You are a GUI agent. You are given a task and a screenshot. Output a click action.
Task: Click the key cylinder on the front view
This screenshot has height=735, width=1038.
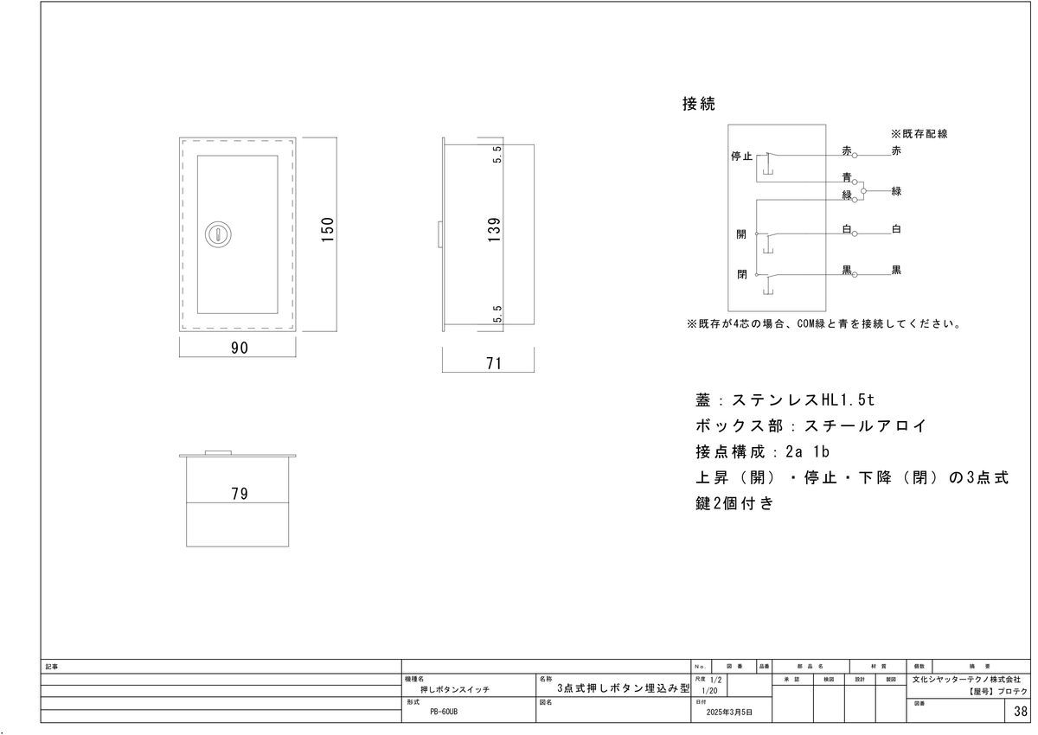218,233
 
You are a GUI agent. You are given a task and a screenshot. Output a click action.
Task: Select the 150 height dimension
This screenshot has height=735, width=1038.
327,229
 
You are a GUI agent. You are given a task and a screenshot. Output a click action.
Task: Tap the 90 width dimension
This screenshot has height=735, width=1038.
240,348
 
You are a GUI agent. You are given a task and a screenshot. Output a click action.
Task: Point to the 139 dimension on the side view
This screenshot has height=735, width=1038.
495,229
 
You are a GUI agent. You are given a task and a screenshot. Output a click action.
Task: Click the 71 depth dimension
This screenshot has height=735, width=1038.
494,363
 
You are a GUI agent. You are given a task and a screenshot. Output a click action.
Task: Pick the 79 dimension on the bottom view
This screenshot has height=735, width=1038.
240,494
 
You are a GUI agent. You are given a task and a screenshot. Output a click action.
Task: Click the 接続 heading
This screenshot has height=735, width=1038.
699,104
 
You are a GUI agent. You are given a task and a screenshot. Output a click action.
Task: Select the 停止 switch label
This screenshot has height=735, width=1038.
741,156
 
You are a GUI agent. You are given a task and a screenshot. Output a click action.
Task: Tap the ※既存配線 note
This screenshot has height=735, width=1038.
919,134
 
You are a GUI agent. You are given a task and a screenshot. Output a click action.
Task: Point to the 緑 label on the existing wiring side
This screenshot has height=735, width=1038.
896,191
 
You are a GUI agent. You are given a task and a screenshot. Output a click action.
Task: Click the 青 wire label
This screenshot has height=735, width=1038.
847,177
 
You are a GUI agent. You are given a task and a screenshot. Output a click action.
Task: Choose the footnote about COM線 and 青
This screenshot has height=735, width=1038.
824,323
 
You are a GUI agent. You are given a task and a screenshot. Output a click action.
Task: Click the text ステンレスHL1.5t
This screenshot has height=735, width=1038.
803,399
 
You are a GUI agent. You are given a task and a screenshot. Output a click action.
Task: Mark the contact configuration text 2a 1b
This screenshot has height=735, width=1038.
807,451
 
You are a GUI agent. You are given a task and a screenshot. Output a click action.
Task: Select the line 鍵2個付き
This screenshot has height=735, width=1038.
734,503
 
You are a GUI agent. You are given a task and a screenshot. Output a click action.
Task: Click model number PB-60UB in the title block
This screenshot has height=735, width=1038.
444,712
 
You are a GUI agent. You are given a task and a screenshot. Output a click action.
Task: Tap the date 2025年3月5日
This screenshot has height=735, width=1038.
729,713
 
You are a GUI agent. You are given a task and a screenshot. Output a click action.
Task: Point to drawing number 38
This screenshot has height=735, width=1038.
1021,712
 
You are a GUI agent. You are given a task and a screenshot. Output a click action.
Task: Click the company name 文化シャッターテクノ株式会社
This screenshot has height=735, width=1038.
966,679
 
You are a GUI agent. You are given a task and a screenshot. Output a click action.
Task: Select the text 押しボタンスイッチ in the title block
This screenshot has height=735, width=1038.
455,690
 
